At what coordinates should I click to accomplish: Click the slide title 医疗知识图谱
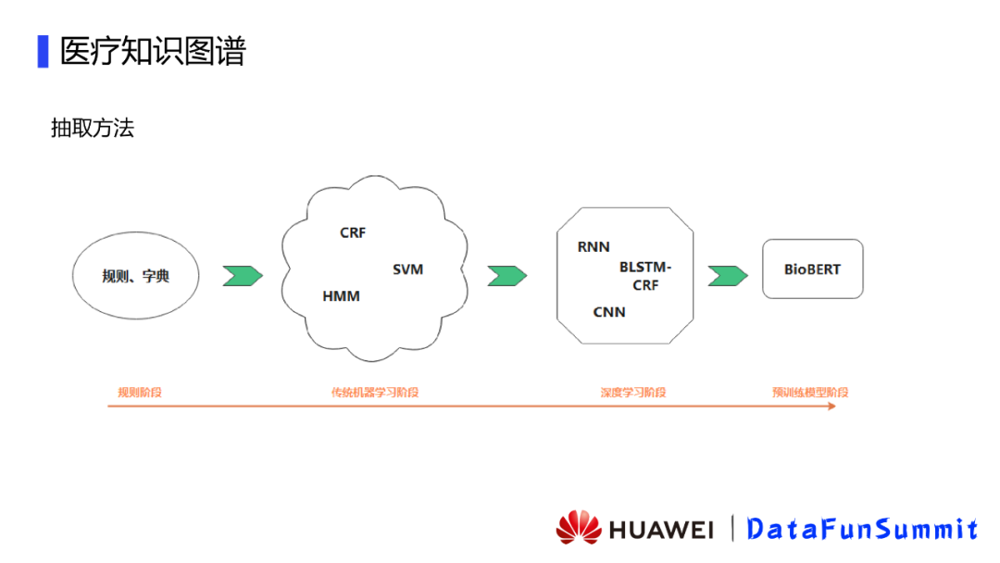[x=153, y=51]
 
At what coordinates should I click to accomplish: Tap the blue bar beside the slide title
[x=43, y=51]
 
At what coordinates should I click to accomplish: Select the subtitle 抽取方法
[x=93, y=128]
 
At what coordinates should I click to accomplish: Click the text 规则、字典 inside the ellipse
[x=136, y=276]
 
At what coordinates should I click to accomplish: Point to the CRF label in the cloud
[x=353, y=233]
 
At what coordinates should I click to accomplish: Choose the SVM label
[x=407, y=269]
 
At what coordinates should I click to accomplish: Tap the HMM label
[x=341, y=296]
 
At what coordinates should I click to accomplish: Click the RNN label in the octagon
[x=594, y=247]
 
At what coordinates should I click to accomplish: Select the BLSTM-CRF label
[x=645, y=276]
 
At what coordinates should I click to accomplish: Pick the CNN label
[x=609, y=312]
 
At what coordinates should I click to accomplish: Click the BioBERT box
[x=812, y=269]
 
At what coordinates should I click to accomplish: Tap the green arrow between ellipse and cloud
[x=243, y=275]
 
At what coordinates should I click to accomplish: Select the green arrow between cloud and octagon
[x=507, y=275]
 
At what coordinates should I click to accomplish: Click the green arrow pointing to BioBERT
[x=728, y=275]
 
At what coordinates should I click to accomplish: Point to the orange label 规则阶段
[x=140, y=393]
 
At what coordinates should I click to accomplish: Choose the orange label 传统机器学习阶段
[x=375, y=393]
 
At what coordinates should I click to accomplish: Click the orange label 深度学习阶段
[x=633, y=393]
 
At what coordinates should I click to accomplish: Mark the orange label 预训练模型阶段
[x=810, y=393]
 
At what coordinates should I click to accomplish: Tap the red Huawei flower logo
[x=579, y=528]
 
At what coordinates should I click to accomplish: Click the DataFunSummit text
[x=862, y=529]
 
